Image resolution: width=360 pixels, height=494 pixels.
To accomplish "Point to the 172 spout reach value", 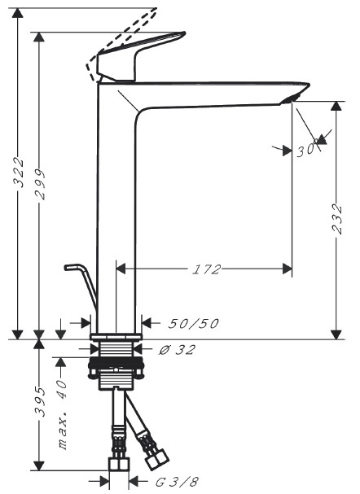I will pos(207,269).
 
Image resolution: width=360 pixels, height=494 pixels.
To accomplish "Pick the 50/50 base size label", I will pos(193,323).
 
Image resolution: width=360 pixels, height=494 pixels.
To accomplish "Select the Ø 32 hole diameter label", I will pos(178,350).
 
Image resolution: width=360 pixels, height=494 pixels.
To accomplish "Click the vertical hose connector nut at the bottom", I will pos(117,466).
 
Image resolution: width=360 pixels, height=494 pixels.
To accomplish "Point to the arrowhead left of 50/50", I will pos(86,323).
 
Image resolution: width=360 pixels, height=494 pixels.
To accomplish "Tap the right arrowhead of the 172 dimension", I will pos(286,267).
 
